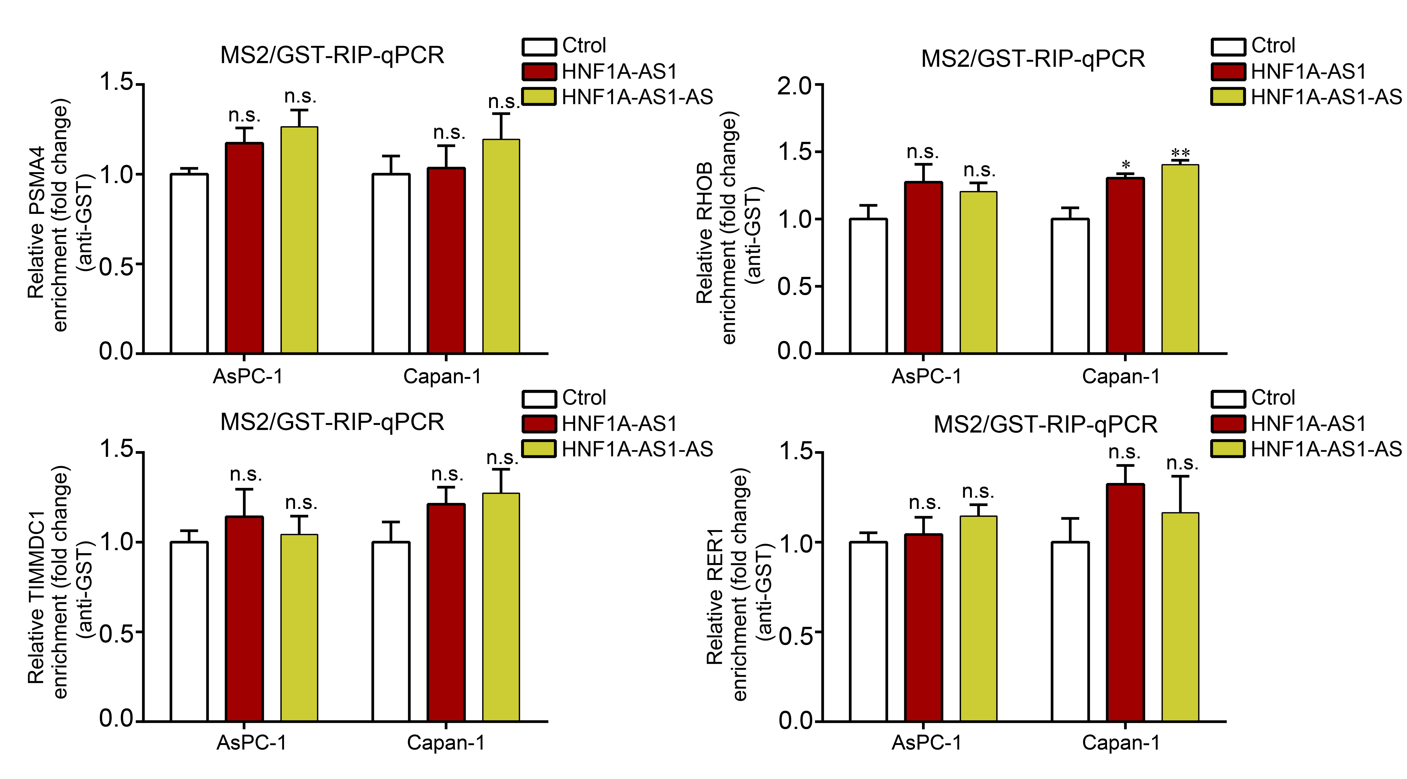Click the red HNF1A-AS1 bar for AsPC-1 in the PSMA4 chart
point(244,249)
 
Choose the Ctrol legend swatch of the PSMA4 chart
point(539,46)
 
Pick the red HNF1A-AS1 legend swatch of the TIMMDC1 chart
point(539,423)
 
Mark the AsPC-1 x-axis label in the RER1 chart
point(926,742)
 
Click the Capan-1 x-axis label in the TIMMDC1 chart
point(446,742)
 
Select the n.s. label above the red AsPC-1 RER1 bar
point(925,502)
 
